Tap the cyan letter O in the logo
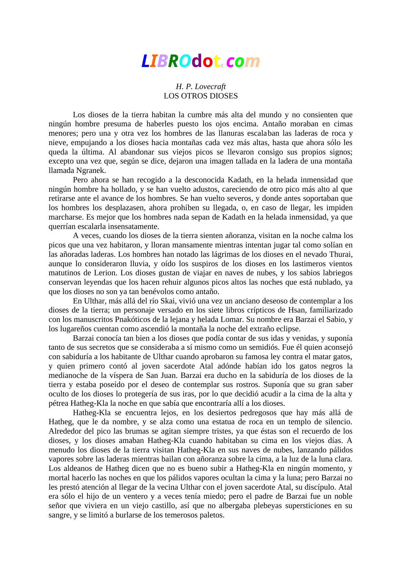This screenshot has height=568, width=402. [185, 61]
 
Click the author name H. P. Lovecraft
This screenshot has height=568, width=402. [201, 87]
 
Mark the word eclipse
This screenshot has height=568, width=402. [288, 329]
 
